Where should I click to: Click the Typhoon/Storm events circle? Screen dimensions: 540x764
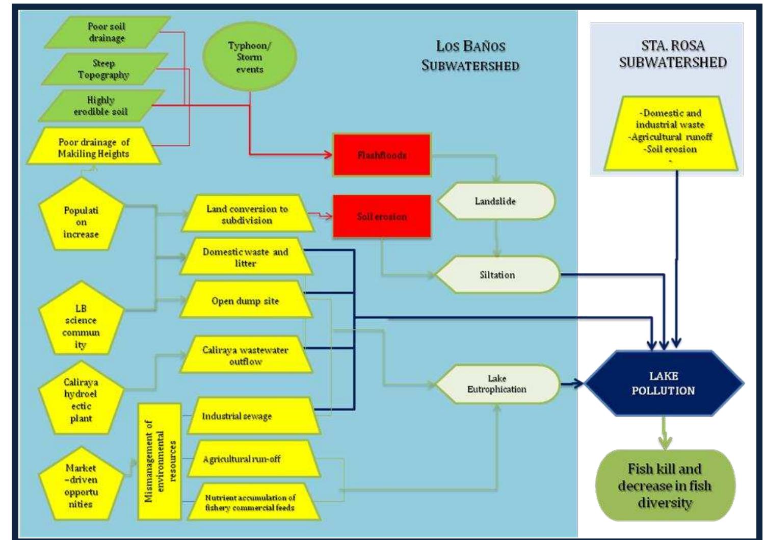(249, 57)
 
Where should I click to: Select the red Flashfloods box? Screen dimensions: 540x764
(382, 155)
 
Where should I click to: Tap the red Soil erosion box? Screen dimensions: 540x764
(382, 217)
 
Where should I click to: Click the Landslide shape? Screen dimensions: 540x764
(495, 201)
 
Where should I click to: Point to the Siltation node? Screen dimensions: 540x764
(497, 275)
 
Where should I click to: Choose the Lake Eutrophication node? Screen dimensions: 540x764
(497, 384)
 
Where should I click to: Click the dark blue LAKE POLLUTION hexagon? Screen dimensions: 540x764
(663, 383)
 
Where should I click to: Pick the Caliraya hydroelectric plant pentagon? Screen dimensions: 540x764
(81, 400)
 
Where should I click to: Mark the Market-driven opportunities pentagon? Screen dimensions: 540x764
(81, 485)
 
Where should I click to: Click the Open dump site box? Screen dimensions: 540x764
(245, 301)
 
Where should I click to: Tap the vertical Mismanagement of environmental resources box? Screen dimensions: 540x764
(160, 461)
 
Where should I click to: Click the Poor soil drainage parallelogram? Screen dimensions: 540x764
(107, 32)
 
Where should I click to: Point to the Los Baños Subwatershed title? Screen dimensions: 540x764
(470, 56)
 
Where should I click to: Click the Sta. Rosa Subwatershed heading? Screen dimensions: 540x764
(672, 54)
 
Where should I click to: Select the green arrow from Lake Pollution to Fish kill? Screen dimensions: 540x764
(664, 433)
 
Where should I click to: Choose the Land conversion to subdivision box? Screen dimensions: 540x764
(247, 215)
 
